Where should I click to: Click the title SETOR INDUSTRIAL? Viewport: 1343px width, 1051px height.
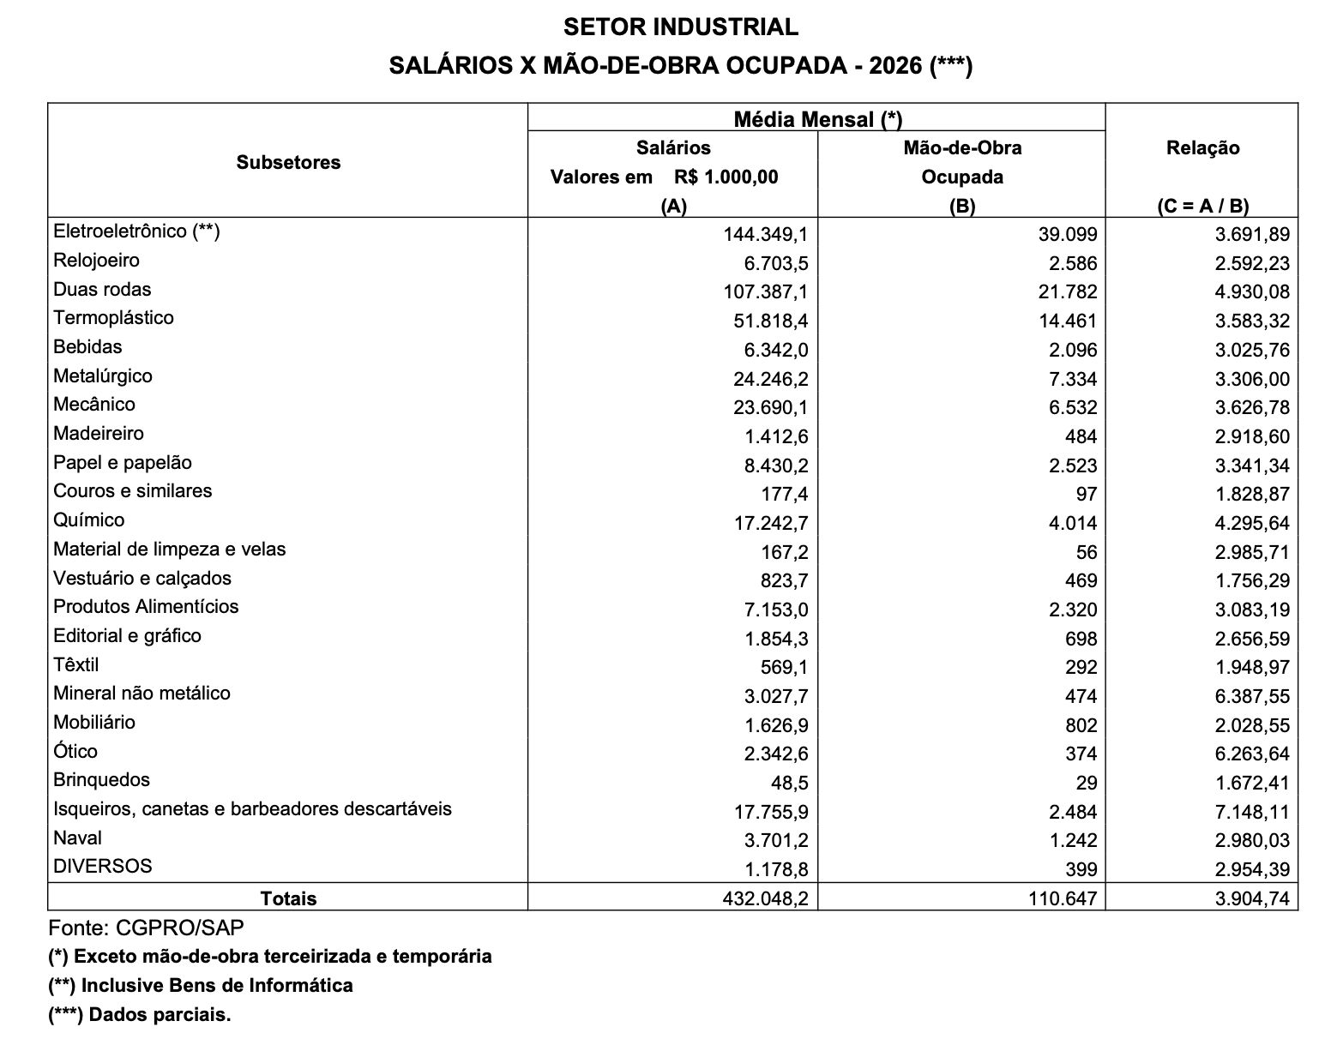pos(680,27)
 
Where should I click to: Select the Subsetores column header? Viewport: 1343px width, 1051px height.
pos(288,162)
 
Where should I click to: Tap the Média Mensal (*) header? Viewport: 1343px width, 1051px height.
pos(817,119)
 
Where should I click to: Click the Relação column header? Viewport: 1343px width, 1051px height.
pos(1202,148)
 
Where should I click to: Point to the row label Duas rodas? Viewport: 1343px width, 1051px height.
pos(102,290)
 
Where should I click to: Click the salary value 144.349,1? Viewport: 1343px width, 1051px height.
pos(766,234)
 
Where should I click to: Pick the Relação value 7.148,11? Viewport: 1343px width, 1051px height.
pos(1251,812)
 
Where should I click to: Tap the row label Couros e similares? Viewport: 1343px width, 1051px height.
pos(132,491)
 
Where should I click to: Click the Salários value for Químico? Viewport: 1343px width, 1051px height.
pos(771,523)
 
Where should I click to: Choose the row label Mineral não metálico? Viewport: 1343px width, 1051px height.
pos(142,694)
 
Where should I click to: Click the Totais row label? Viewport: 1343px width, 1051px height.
pos(288,898)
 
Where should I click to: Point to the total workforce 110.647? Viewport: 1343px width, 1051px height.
pos(1063,898)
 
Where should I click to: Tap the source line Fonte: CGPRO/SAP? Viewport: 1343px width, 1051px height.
pos(146,928)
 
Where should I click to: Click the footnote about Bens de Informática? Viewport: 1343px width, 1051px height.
pos(201,986)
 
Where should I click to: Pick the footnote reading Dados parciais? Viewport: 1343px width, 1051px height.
pos(140,1015)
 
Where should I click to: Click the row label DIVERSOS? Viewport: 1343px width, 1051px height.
pos(102,867)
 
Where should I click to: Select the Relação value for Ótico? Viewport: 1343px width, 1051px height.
pos(1251,754)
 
